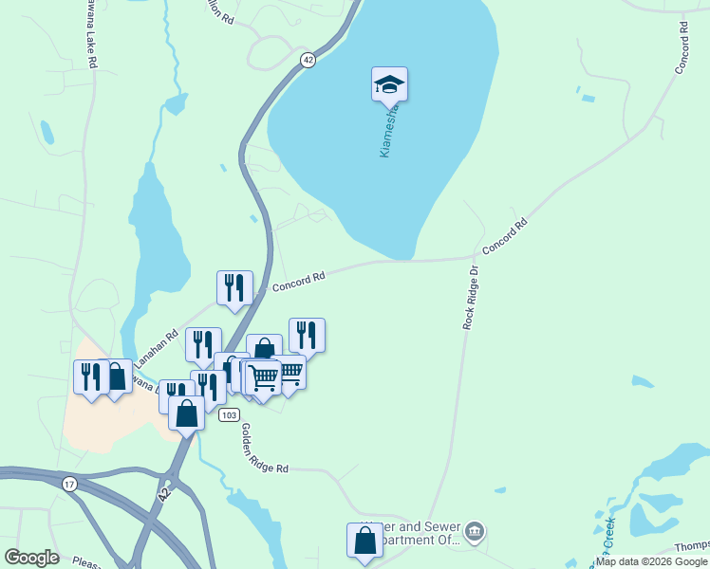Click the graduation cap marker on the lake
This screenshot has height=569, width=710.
[389, 85]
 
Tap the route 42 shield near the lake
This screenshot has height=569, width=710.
[308, 60]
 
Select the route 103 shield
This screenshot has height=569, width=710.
[228, 415]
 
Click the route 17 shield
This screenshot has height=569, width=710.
[69, 485]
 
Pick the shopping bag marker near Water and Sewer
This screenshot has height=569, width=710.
[364, 541]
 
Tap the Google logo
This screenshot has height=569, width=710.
[32, 558]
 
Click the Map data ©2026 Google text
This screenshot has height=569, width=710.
[652, 561]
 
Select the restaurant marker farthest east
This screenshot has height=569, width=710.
[307, 336]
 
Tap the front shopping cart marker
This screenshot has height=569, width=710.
[263, 377]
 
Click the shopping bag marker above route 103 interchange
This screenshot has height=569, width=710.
[187, 413]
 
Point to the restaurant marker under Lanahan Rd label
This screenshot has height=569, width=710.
[203, 345]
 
